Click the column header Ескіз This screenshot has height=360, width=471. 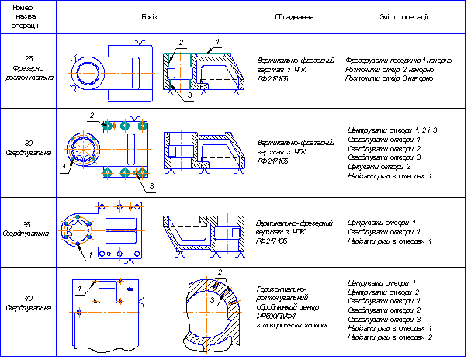(x=153, y=16)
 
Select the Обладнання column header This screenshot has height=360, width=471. (x=294, y=16)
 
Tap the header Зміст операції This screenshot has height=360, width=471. (x=403, y=16)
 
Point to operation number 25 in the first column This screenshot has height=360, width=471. (x=28, y=58)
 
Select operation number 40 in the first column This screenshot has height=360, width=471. (x=28, y=298)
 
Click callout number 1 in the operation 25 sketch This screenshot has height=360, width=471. (x=218, y=41)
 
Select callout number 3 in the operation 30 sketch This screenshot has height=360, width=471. (x=152, y=187)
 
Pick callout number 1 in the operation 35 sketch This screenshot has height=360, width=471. (x=92, y=254)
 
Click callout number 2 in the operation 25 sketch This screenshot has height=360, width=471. (x=180, y=41)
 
